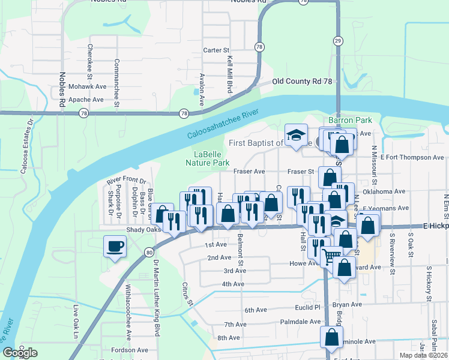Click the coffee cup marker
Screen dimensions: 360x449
point(115,245)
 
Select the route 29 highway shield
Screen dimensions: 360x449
point(339,40)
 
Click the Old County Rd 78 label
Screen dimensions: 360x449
point(302,81)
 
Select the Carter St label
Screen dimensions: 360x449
point(216,50)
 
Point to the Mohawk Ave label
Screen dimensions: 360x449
point(86,86)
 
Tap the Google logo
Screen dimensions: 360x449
point(20,353)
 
